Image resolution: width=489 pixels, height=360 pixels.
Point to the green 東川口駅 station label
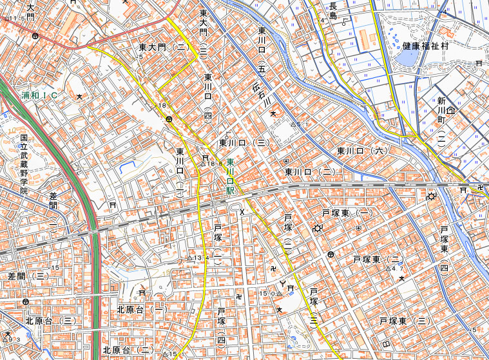230,178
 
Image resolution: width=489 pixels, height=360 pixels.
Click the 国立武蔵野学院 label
24,164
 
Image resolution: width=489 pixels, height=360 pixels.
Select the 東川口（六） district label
363,151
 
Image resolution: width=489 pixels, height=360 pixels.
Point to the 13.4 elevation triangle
189,258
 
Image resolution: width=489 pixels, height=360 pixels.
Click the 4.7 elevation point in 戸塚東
388,268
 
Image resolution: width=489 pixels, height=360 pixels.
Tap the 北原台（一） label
142,310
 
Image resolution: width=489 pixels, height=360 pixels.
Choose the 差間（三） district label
28,276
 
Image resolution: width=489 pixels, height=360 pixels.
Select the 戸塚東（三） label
405,321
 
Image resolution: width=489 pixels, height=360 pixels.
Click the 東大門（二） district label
162,48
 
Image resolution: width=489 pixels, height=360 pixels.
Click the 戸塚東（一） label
348,213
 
